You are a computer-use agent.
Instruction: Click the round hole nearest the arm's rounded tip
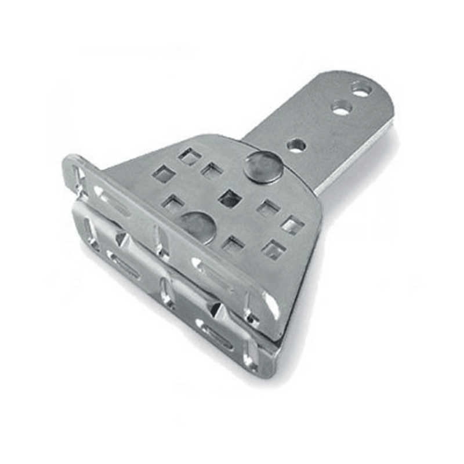(x=361, y=90)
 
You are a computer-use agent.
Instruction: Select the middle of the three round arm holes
(x=341, y=107)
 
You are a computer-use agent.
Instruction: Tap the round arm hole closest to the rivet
(x=296, y=144)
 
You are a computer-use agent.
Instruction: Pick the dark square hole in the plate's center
(x=230, y=198)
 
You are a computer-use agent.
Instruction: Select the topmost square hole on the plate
(x=189, y=155)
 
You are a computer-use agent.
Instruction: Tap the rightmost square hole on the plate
(x=292, y=226)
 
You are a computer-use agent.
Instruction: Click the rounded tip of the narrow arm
(x=377, y=87)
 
